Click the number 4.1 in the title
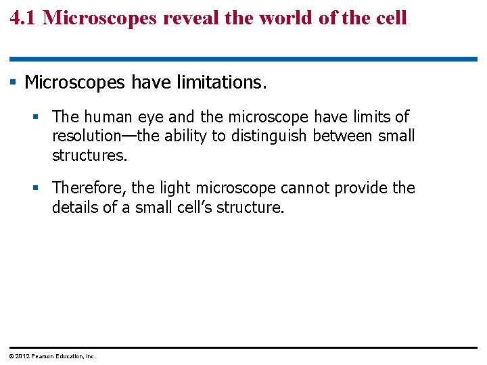[24, 17]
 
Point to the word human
[108, 117]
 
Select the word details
[75, 207]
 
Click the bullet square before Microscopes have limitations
[13, 82]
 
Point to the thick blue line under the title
[243, 59]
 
